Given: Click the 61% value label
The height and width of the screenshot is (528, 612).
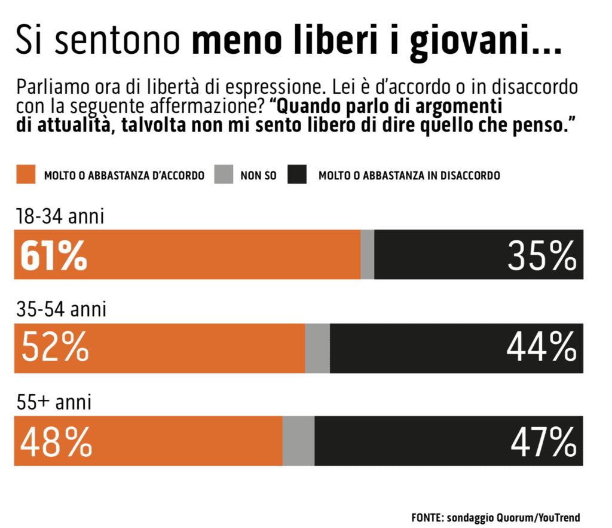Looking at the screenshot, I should (54, 255).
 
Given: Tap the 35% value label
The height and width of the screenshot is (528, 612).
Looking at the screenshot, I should (542, 255).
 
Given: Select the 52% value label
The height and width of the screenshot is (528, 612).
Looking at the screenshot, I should (55, 347).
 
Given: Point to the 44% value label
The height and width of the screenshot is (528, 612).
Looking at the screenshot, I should (542, 347).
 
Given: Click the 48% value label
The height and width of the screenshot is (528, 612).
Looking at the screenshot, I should (56, 441).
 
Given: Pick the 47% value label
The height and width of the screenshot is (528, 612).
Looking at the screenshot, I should (543, 441).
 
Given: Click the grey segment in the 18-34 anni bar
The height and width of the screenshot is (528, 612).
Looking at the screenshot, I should (368, 255).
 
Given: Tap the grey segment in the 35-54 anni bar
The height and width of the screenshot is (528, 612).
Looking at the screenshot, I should (317, 347).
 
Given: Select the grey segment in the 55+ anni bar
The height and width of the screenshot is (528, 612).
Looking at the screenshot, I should (298, 441).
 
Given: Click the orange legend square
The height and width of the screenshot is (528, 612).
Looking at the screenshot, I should (25, 175).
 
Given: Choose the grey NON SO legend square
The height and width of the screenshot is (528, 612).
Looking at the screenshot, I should (224, 175).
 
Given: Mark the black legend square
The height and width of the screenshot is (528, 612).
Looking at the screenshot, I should (297, 175).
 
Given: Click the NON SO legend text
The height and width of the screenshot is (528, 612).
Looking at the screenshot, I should (258, 176).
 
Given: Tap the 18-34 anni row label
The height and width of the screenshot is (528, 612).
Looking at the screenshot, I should (60, 216).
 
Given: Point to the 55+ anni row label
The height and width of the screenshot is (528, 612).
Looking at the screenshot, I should (54, 402).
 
